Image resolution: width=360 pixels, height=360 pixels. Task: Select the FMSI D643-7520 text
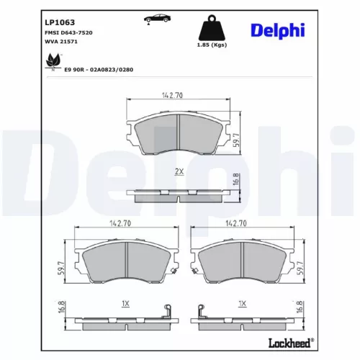(x=69, y=33)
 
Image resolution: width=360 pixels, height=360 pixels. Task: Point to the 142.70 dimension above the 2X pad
(x=179, y=94)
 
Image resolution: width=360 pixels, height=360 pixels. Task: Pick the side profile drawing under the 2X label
(x=179, y=192)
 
